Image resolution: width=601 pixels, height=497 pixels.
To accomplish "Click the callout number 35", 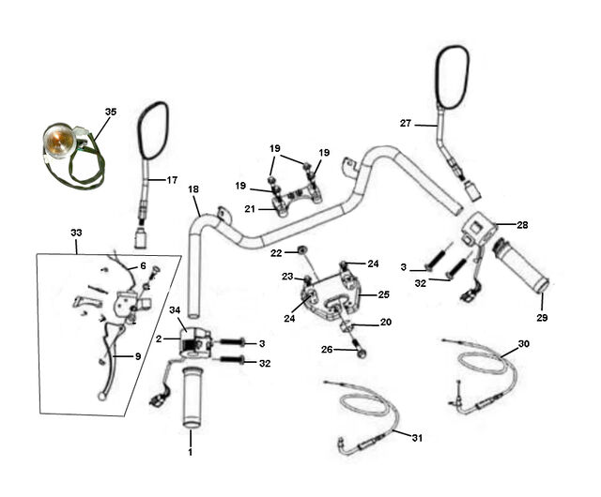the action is click(x=111, y=112).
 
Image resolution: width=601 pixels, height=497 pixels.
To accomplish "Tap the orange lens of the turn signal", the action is click(x=56, y=140).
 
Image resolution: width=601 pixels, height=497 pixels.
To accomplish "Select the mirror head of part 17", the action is click(x=153, y=130).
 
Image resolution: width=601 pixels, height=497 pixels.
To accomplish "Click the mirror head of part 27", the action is click(x=452, y=77).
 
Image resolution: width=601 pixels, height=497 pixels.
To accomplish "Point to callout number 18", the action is click(x=193, y=189).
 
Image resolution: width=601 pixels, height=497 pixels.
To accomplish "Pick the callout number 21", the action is click(x=250, y=209).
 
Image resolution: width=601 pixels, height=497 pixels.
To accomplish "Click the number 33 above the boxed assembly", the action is click(x=76, y=233).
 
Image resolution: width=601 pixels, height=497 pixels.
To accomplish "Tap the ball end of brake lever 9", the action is click(x=101, y=397).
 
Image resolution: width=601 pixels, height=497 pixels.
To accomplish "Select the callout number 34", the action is click(x=175, y=309).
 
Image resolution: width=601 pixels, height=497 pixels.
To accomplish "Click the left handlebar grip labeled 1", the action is click(x=192, y=398).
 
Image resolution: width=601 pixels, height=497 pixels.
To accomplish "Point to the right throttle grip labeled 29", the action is click(x=521, y=267).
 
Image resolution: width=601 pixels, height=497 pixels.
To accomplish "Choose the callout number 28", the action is click(x=522, y=225).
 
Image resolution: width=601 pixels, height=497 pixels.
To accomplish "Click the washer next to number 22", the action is click(x=302, y=250).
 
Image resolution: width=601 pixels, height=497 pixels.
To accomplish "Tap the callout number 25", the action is click(x=384, y=294).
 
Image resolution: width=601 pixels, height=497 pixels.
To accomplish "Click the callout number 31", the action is click(x=417, y=438).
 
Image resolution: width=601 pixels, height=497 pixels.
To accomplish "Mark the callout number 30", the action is click(x=524, y=344).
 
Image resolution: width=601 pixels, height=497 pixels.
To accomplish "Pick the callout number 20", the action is click(x=386, y=323).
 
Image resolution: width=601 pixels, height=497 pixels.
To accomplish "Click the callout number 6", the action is click(x=143, y=265).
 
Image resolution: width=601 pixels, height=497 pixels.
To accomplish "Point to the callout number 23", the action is click(x=287, y=277).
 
